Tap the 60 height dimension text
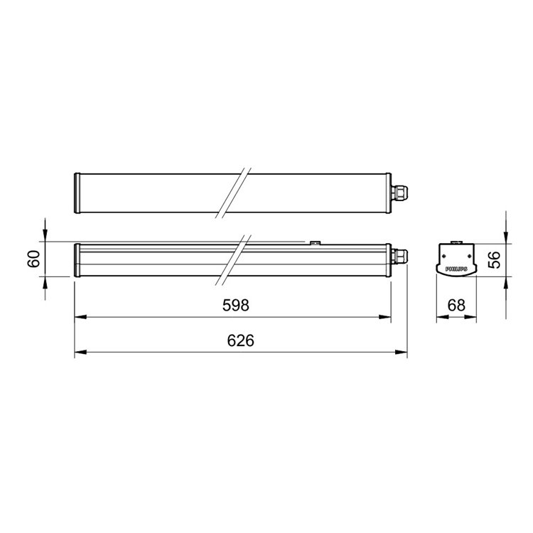pyautogui.click(x=33, y=259)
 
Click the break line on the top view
pyautogui.click(x=235, y=192)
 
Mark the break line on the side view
pyautogui.click(x=235, y=260)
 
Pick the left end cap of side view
pyautogui.click(x=77, y=261)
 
